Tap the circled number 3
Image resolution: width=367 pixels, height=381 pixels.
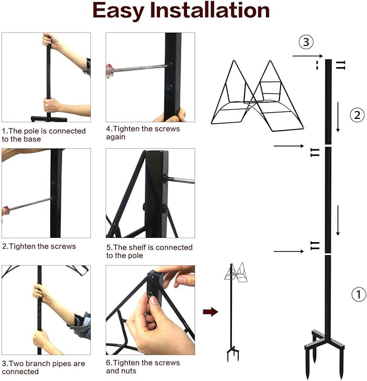coord(306,42)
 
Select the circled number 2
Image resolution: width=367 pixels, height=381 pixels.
coord(357,115)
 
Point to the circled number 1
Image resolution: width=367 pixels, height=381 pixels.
coord(358,295)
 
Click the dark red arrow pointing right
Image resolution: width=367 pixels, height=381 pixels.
coord(210,312)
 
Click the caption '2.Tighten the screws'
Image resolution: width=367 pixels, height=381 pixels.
coord(39,246)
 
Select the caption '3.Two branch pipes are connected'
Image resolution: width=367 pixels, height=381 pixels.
coord(43,368)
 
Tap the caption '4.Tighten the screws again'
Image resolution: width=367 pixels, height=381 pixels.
coord(143,133)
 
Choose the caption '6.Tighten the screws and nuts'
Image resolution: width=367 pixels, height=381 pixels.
coord(143,367)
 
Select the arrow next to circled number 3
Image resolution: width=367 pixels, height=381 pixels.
coord(306,56)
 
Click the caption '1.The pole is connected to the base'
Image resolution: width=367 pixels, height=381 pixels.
coord(44,135)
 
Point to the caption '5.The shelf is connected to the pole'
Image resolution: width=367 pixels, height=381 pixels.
coord(150,251)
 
